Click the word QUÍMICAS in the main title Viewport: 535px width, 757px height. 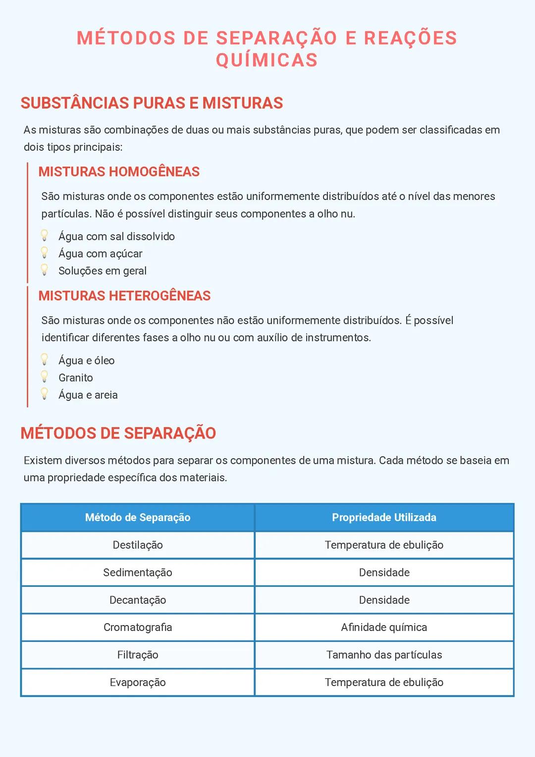[x=267, y=60]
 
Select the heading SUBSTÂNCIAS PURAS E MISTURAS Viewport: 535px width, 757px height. [x=152, y=103]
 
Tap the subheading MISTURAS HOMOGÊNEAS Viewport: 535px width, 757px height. [x=119, y=172]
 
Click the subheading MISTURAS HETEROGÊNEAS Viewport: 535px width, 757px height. [x=124, y=296]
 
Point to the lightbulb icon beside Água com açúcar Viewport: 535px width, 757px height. [x=45, y=253]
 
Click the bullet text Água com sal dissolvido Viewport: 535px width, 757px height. [x=116, y=236]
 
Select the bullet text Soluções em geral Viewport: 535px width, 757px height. [x=103, y=271]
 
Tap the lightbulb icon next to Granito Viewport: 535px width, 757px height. [x=45, y=377]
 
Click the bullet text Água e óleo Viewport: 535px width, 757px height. [x=87, y=361]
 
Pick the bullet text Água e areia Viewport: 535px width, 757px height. [x=88, y=395]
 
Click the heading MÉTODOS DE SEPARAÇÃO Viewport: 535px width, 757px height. [x=118, y=433]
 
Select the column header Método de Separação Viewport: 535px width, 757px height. [x=138, y=517]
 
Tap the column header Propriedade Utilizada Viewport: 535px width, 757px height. [x=384, y=517]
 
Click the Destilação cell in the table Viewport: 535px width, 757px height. [x=138, y=545]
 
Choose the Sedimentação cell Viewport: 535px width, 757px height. [x=138, y=572]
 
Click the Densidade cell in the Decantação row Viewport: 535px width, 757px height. [x=384, y=600]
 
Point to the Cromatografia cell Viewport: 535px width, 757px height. [x=138, y=627]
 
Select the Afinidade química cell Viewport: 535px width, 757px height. [x=384, y=627]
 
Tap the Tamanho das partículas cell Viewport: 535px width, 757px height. [x=384, y=655]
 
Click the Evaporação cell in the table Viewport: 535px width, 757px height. [x=138, y=682]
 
